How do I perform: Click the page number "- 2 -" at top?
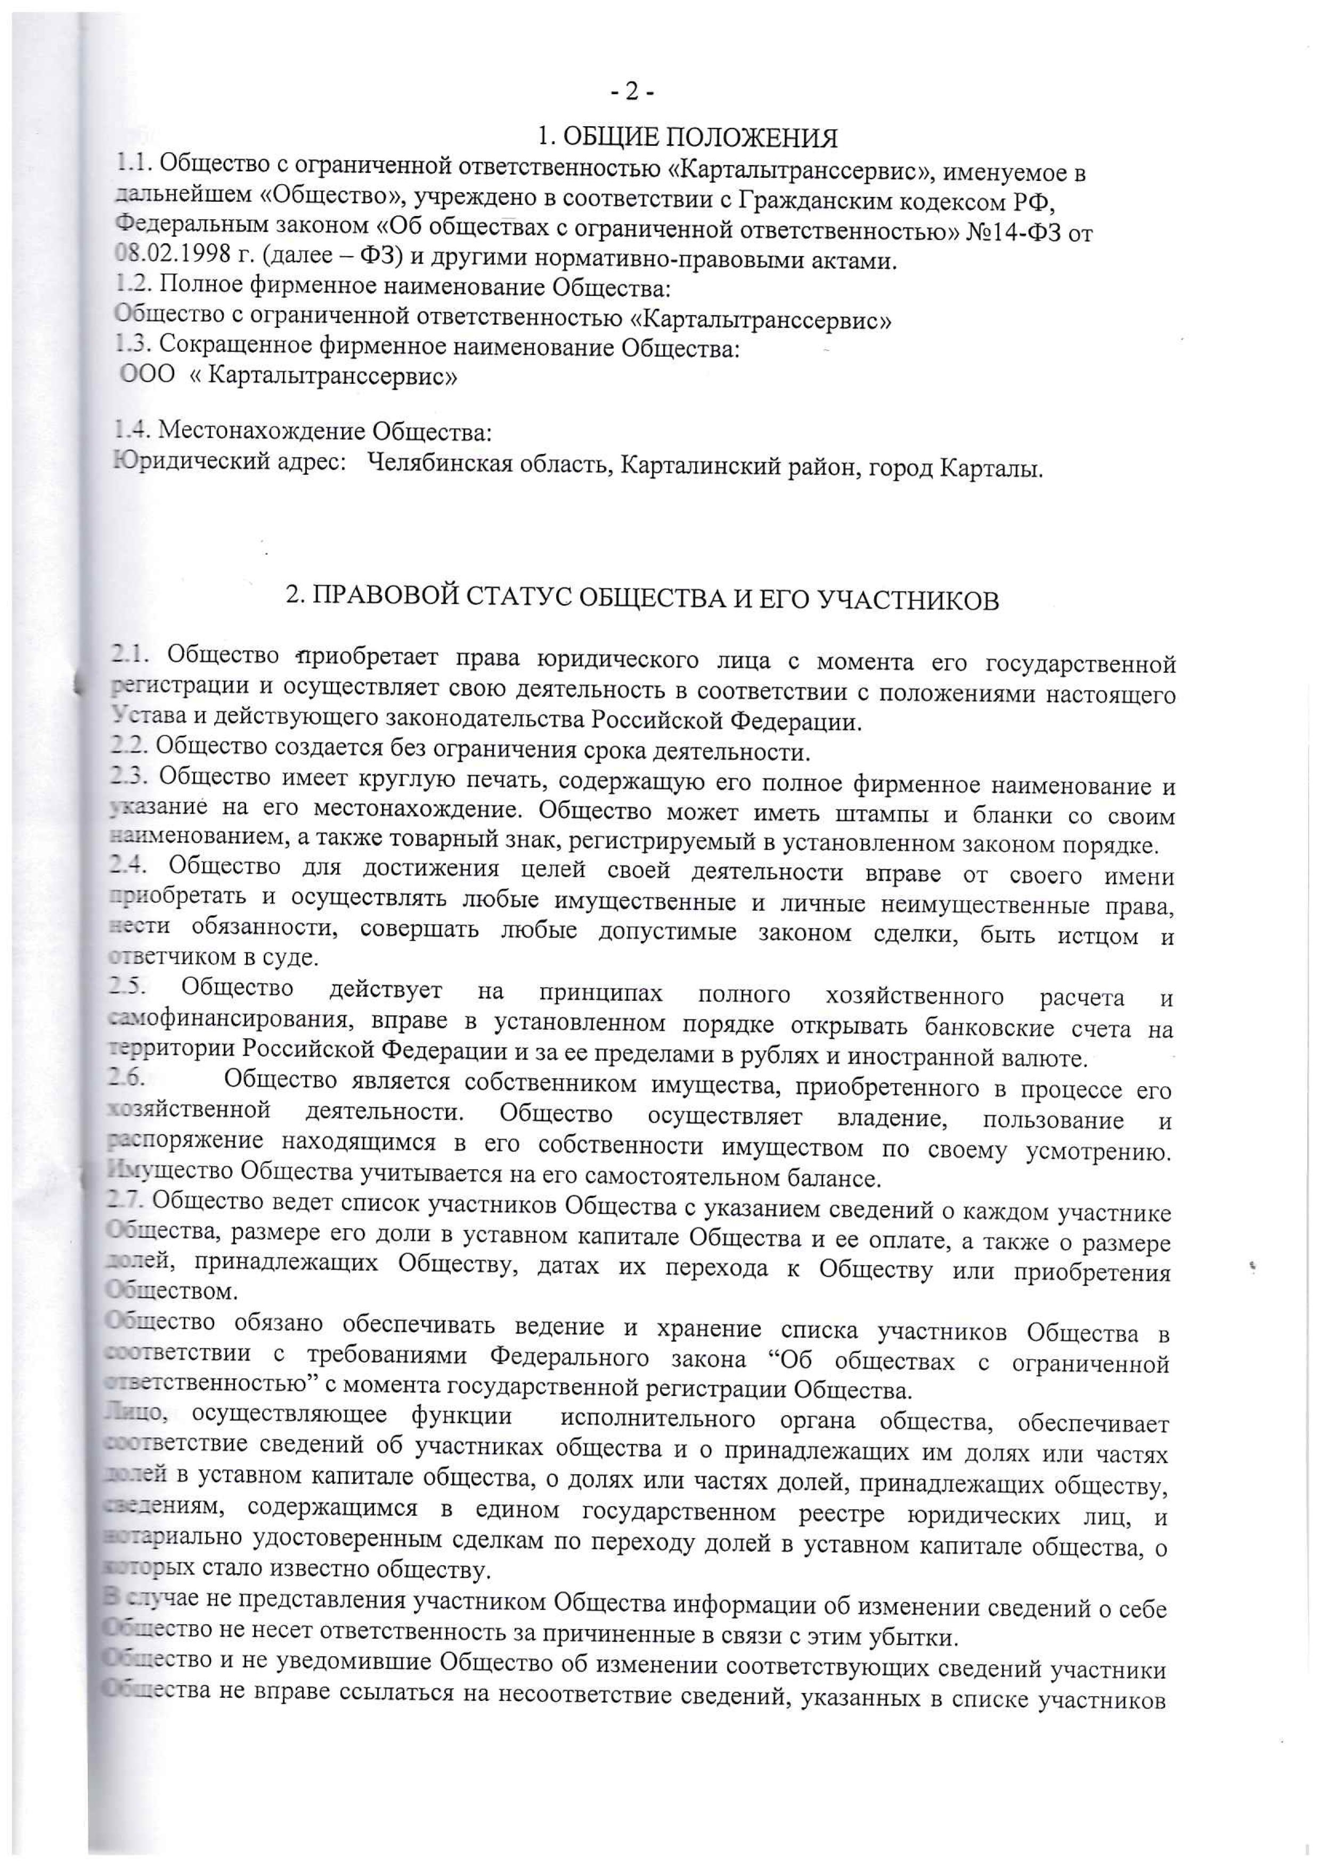click(x=632, y=94)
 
